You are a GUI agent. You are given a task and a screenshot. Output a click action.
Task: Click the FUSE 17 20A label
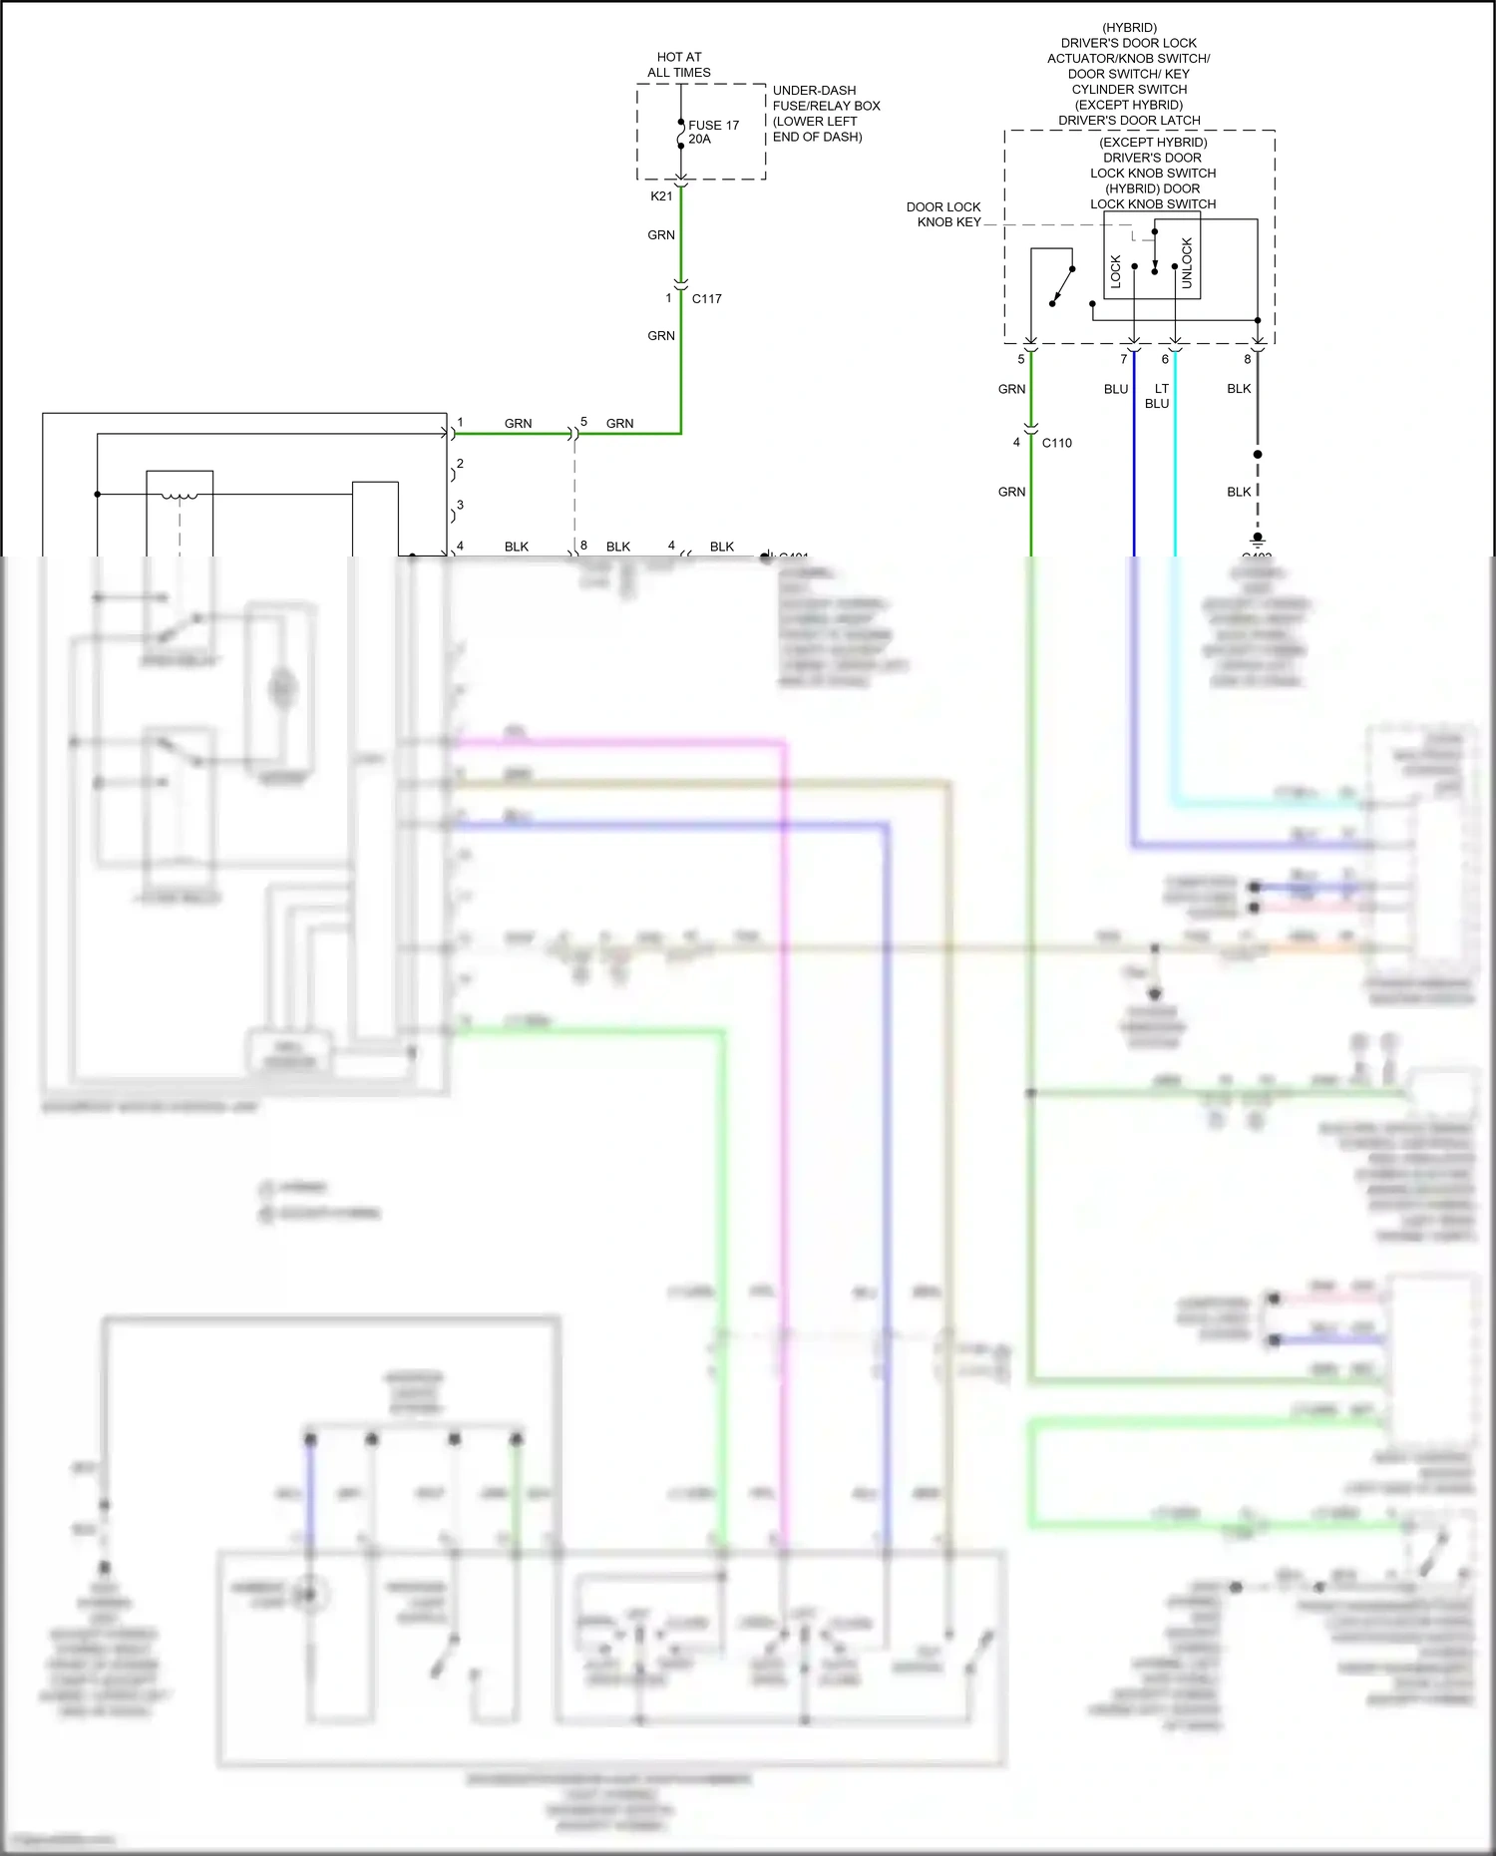pos(712,132)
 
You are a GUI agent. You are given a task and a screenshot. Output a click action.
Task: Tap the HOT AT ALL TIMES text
pos(679,65)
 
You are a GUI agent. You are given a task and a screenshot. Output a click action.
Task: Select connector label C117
pos(706,299)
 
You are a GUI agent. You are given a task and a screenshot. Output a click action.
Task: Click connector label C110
pos(1056,443)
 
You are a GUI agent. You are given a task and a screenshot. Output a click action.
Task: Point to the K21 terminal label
pos(661,196)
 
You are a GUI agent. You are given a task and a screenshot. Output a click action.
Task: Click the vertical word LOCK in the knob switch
pos(1116,271)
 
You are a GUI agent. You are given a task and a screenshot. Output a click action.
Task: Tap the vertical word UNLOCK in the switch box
pos(1187,263)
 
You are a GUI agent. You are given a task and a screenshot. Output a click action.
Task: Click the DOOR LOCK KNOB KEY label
pos(943,214)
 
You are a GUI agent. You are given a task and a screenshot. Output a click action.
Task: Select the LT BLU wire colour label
pos(1158,396)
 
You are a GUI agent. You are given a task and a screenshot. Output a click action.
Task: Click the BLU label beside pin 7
pos(1115,389)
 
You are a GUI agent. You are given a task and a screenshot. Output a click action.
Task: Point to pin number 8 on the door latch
pos(1247,359)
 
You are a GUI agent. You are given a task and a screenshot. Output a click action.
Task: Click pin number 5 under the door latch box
pos(1020,359)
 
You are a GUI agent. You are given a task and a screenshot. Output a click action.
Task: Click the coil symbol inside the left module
pos(180,495)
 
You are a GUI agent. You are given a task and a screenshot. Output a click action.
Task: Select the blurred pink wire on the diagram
pos(785,1097)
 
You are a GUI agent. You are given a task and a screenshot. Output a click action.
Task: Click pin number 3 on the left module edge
pos(460,506)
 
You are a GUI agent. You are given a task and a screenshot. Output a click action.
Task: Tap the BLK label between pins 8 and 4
pos(618,547)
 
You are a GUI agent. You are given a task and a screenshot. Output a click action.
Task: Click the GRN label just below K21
pos(661,235)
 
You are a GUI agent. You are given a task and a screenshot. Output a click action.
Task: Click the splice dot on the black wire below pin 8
pos(1258,455)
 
